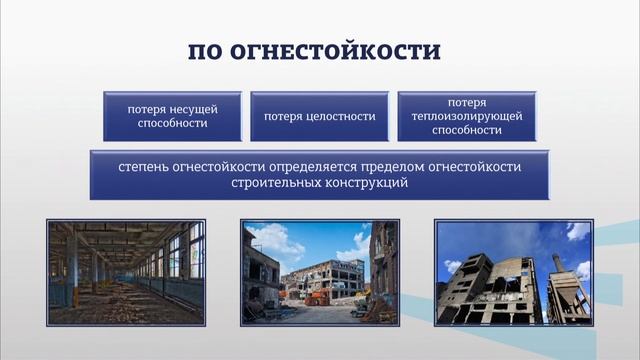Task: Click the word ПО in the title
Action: point(211,51)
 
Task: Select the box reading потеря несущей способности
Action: point(172,116)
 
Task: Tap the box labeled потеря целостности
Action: point(319,116)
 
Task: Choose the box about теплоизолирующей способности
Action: point(467,116)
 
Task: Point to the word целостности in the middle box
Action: point(341,117)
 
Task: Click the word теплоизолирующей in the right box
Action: point(467,116)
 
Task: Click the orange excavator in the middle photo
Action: point(316,297)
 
